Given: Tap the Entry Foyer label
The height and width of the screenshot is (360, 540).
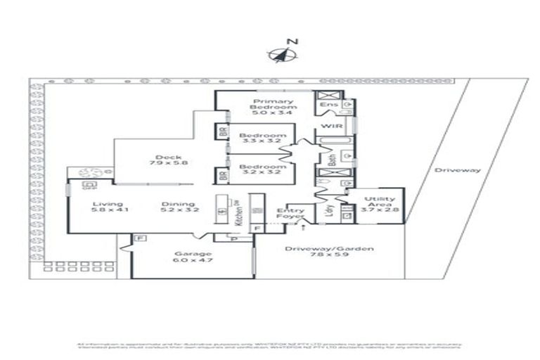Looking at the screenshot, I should [x=290, y=214].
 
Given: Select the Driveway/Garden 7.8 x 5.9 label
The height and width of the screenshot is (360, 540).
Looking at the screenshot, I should [x=329, y=253].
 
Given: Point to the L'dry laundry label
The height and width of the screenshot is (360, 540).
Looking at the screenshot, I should [x=328, y=210].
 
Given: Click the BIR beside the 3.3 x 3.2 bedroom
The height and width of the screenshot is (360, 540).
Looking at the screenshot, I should [x=222, y=131].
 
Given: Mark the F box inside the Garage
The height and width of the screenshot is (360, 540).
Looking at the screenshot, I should [x=139, y=240].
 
